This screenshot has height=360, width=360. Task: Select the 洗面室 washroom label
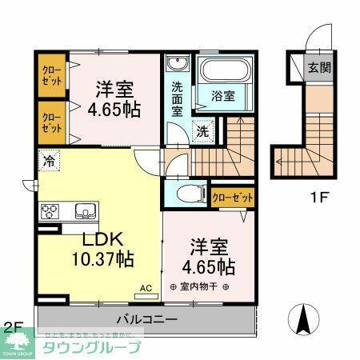pos(176,95)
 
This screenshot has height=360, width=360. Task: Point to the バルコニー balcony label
pos(146,318)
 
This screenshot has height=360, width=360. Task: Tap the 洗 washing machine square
pos(202,130)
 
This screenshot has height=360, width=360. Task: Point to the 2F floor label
pos(11,326)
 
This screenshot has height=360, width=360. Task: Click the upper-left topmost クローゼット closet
pos(52,76)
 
